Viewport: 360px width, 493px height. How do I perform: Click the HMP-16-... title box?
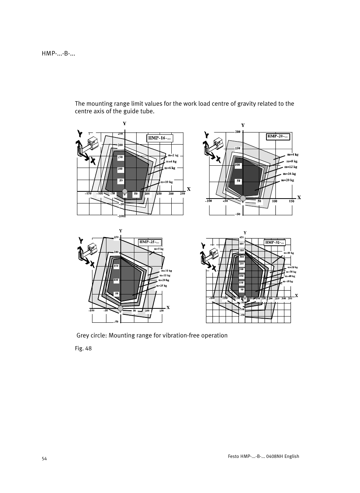160,138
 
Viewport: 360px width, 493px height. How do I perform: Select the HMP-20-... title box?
278,136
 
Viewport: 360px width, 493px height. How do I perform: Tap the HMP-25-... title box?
149,242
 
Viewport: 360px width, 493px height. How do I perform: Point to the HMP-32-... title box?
274,242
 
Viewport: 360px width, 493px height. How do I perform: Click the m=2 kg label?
173,155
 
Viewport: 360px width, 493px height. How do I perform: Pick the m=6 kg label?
170,168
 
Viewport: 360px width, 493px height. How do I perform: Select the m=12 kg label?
291,167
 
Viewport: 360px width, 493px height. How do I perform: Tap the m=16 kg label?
289,174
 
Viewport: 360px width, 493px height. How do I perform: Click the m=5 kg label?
158,249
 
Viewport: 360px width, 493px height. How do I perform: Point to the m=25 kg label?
162,286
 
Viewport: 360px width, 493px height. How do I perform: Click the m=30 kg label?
291,272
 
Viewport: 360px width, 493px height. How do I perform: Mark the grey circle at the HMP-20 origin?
243,199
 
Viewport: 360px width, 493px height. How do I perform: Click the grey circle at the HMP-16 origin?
125,192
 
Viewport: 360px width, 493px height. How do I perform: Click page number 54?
44,459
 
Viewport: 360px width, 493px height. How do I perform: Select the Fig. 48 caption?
83,348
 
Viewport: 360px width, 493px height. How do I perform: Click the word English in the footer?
292,456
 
